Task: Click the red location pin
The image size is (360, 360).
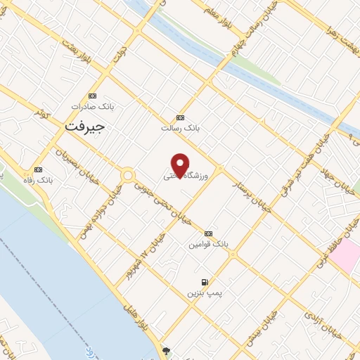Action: pyautogui.click(x=181, y=165)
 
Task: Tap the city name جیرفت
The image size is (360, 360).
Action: pyautogui.click(x=84, y=127)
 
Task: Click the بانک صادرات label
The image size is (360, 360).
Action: pyautogui.click(x=96, y=107)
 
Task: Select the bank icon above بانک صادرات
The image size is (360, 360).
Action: pyautogui.click(x=92, y=96)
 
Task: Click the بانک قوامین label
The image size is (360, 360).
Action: pyautogui.click(x=208, y=244)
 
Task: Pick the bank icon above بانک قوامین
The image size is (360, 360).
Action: pyautogui.click(x=208, y=233)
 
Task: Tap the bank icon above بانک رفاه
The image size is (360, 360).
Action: pyautogui.click(x=37, y=169)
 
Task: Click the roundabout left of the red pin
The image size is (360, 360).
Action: pyautogui.click(x=128, y=175)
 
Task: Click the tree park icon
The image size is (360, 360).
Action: pyautogui.click(x=166, y=350)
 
